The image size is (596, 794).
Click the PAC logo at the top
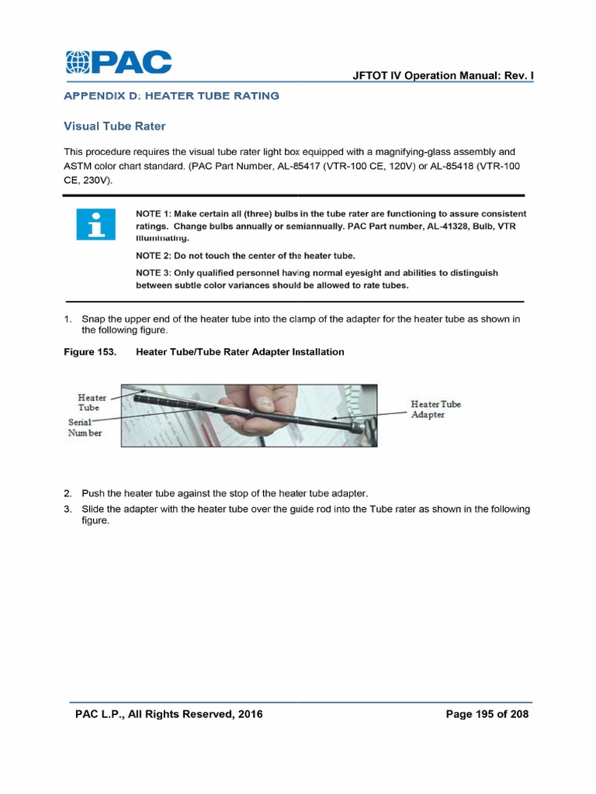pyautogui.click(x=118, y=62)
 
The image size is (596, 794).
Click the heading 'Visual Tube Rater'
pyautogui.click(x=114, y=126)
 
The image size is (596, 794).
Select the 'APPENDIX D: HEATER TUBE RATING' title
pyautogui.click(x=171, y=96)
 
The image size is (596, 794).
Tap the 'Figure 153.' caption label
pyautogui.click(x=89, y=352)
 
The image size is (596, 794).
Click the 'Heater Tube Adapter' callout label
pyautogui.click(x=435, y=409)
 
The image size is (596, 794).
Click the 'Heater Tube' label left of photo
pyautogui.click(x=92, y=402)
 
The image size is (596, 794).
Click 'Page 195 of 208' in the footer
pyautogui.click(x=487, y=714)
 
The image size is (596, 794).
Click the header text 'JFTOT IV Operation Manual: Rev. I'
pyautogui.click(x=442, y=76)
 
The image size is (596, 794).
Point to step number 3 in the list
pyautogui.click(x=68, y=509)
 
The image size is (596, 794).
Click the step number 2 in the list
pyautogui.click(x=68, y=494)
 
